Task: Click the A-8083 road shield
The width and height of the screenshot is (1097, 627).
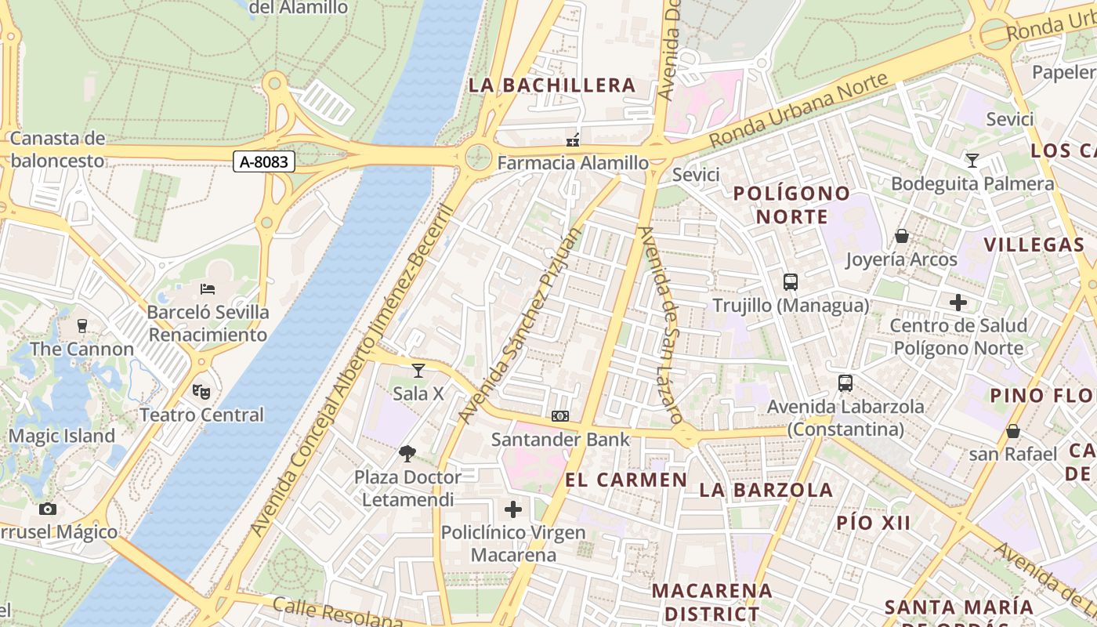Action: point(264,162)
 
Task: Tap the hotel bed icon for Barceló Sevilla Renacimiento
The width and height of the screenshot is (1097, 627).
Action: point(208,289)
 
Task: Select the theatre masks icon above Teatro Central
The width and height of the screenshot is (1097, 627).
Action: point(201,390)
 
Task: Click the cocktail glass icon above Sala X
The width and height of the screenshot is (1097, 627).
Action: point(418,370)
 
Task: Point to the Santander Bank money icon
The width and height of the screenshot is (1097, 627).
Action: point(560,416)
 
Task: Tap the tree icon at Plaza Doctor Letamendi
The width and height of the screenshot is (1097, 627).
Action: point(407,453)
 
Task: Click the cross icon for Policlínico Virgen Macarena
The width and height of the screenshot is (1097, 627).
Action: point(513,509)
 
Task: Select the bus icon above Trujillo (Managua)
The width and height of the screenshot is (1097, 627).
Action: point(790,282)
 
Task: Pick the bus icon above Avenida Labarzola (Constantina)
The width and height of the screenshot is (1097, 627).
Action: point(845,383)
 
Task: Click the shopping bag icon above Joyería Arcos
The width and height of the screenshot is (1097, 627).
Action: point(902,236)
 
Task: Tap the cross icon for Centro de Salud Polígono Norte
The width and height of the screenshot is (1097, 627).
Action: point(958,303)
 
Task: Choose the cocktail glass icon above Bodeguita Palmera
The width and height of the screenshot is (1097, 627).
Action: point(972,161)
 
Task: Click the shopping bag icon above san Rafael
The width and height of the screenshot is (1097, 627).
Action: point(1012,431)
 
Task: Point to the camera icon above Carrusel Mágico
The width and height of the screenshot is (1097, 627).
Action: point(48,509)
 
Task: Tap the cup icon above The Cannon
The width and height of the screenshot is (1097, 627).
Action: point(81,326)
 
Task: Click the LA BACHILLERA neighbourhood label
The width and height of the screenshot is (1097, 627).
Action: point(552,85)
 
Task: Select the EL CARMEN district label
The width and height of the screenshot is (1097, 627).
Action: point(626,480)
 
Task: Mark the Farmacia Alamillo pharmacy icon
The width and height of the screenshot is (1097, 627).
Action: point(573,140)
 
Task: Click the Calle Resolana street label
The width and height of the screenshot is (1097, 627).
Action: point(337,613)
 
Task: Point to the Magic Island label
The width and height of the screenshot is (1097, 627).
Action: point(62,437)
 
